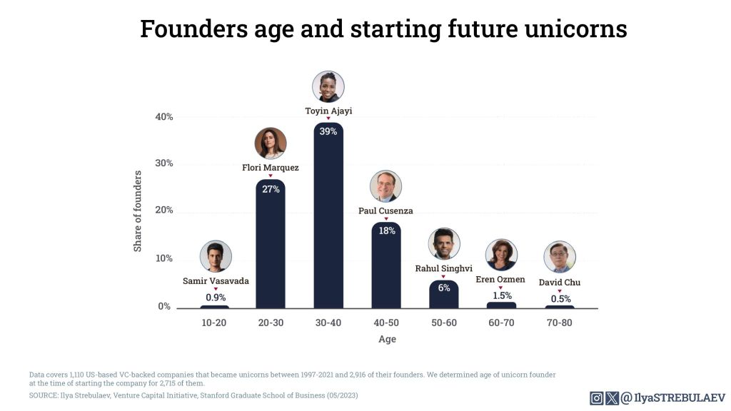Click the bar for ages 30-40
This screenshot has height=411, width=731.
tap(328, 221)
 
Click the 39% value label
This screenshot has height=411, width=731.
tap(328, 131)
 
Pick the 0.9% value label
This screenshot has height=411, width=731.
tap(216, 297)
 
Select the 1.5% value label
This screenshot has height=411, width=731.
tap(501, 295)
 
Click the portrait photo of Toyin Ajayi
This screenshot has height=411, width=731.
tap(328, 86)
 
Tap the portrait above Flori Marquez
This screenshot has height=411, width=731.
tap(271, 143)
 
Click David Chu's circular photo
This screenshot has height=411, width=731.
tap(560, 257)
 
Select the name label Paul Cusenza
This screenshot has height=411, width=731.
tap(385, 211)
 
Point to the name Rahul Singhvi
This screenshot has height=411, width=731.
tap(443, 269)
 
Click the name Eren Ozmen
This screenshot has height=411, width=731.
tap(500, 279)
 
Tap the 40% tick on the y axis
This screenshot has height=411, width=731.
tap(164, 117)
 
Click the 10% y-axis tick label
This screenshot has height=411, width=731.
tap(164, 258)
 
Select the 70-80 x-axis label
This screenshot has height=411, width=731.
tap(559, 323)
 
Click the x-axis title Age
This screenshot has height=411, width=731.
tap(386, 340)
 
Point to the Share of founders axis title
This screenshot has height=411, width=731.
tap(138, 210)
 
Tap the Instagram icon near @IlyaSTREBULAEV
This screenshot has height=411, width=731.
tap(596, 398)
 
